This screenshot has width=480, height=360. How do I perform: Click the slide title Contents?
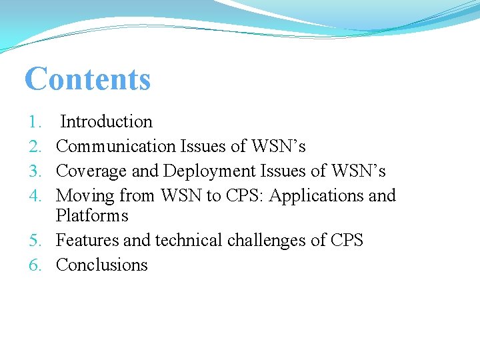[x=87, y=79]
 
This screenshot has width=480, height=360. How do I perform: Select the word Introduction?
[x=106, y=122]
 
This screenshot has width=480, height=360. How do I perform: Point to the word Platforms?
[x=92, y=216]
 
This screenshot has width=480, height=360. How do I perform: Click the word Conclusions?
[x=102, y=265]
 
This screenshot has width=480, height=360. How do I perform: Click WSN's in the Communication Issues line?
[x=278, y=147]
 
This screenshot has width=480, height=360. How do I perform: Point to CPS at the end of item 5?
[x=347, y=241]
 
